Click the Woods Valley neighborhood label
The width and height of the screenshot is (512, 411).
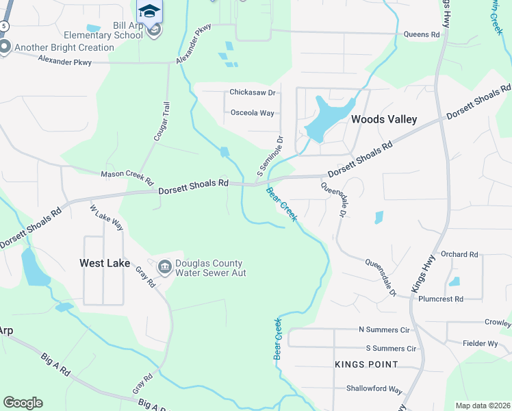(383, 119)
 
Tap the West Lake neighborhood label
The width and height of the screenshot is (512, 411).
(105, 262)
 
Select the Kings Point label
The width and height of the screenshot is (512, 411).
(362, 364)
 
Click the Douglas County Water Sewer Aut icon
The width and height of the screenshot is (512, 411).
(164, 267)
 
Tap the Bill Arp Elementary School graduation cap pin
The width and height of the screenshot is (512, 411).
(149, 11)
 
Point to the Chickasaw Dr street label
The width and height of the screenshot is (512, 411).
(252, 92)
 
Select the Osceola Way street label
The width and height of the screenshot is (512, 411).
(252, 112)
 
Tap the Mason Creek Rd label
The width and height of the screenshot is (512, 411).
(127, 177)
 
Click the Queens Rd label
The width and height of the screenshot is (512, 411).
(421, 34)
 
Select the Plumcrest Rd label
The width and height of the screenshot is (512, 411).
(440, 299)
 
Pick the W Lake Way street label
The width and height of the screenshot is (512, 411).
(107, 217)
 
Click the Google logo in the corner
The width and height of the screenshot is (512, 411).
(22, 403)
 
